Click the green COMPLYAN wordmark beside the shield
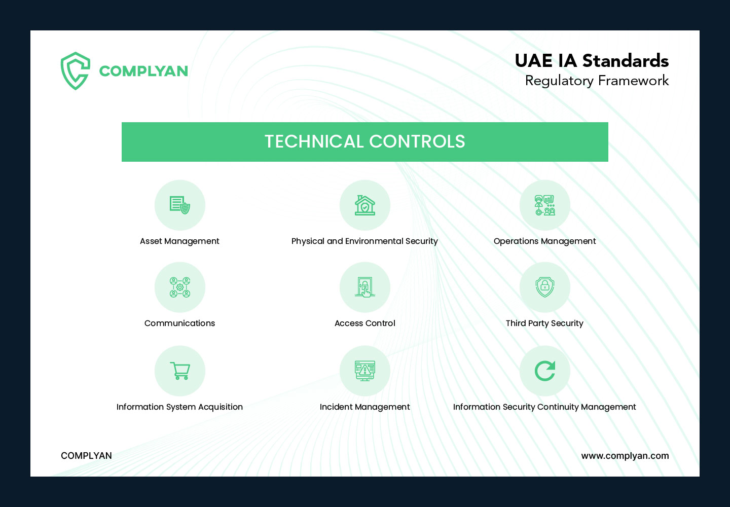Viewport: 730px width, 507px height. [143, 71]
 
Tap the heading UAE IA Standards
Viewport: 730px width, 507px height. [592, 61]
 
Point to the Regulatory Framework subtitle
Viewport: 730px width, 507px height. [597, 81]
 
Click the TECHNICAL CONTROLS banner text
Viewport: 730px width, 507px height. [364, 141]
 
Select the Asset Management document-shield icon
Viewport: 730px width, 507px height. [180, 205]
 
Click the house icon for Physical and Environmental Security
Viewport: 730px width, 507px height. [364, 205]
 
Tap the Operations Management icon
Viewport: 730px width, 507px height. [544, 205]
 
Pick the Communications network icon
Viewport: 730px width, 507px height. [180, 287]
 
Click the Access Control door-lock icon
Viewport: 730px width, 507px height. [364, 287]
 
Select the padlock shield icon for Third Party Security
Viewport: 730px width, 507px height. [544, 287]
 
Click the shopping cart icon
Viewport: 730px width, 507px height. [180, 371]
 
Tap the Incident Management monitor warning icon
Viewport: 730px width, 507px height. [364, 371]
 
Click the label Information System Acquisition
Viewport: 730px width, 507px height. [179, 407]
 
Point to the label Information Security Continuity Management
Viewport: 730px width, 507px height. [544, 407]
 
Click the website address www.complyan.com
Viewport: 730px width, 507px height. [625, 456]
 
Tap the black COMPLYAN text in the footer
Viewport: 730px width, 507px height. [86, 455]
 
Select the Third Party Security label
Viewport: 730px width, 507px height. [544, 323]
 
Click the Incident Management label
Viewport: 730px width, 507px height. [364, 407]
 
